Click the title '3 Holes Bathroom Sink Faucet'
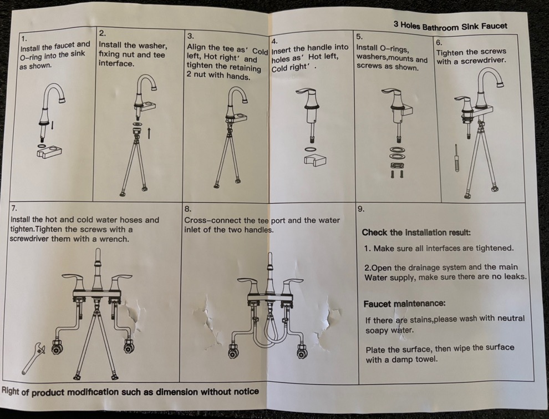tap(450, 26)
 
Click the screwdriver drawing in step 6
tap(456, 158)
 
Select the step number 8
tap(187, 209)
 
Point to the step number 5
tap(359, 37)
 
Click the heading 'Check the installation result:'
tap(416, 233)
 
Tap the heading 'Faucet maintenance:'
tap(404, 304)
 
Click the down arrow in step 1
tap(53, 125)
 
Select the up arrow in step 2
tap(149, 133)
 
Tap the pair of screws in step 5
tap(397, 173)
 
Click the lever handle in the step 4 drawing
tap(308, 92)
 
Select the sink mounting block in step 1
tap(49, 152)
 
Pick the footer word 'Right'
tap(11, 391)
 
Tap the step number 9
tap(361, 210)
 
